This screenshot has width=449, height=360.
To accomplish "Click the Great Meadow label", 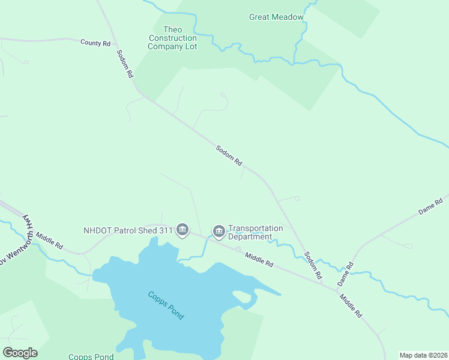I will pyautogui.click(x=276, y=17).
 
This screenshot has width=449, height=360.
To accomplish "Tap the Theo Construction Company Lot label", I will pyautogui.click(x=172, y=38).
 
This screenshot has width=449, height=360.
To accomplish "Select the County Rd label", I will pyautogui.click(x=95, y=43).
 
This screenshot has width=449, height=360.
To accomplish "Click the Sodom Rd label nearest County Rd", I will pyautogui.click(x=125, y=64).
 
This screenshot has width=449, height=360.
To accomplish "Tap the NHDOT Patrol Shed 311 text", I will pyautogui.click(x=128, y=230).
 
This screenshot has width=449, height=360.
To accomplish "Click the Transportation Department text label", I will pyautogui.click(x=255, y=232).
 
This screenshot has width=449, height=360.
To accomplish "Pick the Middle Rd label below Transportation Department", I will pyautogui.click(x=259, y=259).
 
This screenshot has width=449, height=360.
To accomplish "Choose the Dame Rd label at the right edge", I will pyautogui.click(x=430, y=209).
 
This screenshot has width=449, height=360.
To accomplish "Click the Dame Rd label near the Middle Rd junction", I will pyautogui.click(x=344, y=273).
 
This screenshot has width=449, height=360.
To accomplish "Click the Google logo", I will pyautogui.click(x=20, y=352).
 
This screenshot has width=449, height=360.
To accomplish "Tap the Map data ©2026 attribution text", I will pyautogui.click(x=423, y=355).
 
